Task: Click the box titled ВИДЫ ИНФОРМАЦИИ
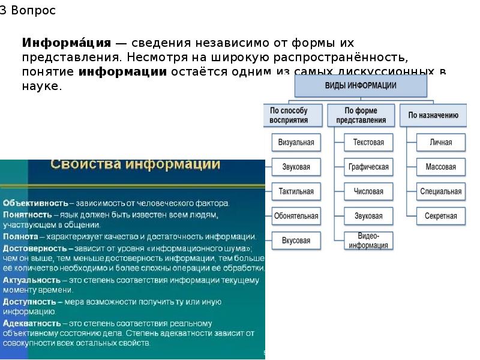point(360,86)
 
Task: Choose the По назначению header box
point(433,115)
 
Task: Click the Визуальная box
point(296,143)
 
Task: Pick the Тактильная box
point(296,191)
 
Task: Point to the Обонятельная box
point(296,215)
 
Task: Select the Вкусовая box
point(296,240)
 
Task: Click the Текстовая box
point(368,143)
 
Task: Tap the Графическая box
point(368,167)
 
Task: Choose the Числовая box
point(368,191)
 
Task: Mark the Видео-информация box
point(368,240)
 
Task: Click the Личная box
point(441,143)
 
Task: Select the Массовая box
point(441,167)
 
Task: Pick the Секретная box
point(441,215)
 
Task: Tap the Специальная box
point(441,191)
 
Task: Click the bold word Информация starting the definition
point(67,43)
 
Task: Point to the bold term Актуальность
point(32,280)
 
